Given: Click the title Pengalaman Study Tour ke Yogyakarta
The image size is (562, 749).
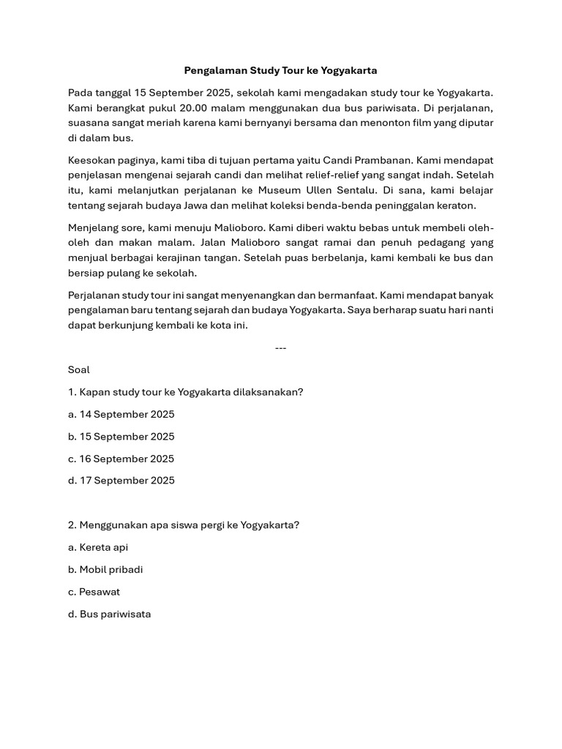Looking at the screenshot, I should (x=280, y=71).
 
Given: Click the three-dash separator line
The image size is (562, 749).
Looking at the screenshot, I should (x=280, y=347).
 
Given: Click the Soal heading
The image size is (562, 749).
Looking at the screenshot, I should (x=79, y=370).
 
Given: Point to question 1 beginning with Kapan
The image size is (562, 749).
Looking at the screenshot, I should (x=185, y=392).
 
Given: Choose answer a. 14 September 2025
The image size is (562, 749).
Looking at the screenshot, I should (x=121, y=415).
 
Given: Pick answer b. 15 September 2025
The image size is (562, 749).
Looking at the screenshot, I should (x=121, y=437).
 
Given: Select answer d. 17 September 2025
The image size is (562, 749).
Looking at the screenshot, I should (x=121, y=481).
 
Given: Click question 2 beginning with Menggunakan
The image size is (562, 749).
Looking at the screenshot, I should (x=184, y=525).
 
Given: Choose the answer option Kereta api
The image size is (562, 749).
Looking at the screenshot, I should (x=98, y=548).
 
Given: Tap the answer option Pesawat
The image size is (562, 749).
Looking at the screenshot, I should (x=94, y=592).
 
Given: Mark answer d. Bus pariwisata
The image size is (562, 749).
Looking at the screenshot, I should (x=109, y=614).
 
